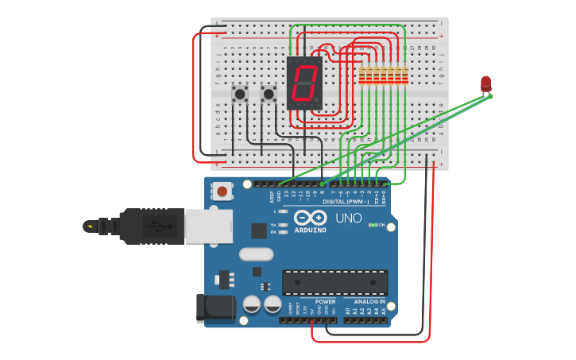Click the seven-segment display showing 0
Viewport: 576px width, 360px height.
point(304,83)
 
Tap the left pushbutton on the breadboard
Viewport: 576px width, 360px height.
point(239,95)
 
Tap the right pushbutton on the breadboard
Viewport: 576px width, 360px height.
point(269,95)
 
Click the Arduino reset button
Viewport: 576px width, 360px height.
point(222,191)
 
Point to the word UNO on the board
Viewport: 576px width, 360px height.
point(348,218)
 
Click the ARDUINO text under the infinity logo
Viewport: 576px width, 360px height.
point(310,230)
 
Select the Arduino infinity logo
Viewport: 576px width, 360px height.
point(310,218)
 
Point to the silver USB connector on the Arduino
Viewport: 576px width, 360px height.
point(208,226)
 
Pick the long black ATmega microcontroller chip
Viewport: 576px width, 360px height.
point(335,282)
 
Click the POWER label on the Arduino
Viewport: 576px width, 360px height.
point(325,302)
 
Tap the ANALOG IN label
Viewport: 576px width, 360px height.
point(369,302)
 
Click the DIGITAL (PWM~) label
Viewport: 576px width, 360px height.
point(345,202)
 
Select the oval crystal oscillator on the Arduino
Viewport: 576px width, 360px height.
point(256,254)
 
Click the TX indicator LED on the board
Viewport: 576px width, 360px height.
point(283,225)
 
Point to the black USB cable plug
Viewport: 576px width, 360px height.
point(151,226)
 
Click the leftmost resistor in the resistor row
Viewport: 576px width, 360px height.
point(362,75)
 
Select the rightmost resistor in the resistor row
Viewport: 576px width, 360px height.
point(404,75)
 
